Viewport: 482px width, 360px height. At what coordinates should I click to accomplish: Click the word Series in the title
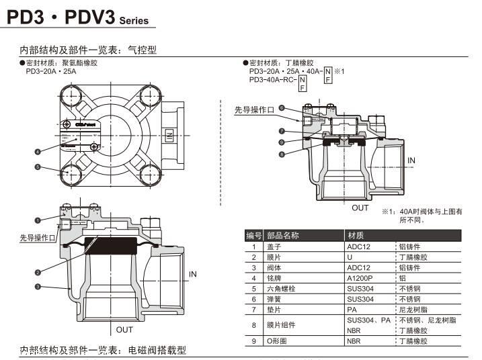point(134,21)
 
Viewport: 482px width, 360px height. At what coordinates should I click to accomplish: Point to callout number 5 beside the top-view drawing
point(38,167)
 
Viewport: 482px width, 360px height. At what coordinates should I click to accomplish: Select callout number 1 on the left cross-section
point(38,219)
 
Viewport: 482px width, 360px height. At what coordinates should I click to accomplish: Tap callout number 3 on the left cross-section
point(38,287)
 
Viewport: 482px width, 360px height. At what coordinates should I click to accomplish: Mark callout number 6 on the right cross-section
point(282,108)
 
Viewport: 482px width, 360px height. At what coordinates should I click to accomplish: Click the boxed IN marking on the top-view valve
point(169,136)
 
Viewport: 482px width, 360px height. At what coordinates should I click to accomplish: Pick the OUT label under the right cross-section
point(360,208)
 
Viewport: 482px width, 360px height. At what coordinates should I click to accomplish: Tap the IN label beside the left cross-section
point(193,274)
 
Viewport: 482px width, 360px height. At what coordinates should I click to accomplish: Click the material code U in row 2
point(350,257)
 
